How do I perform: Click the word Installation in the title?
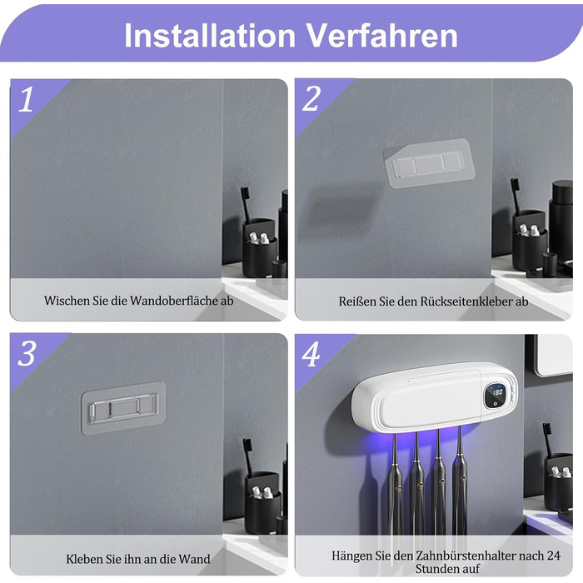tap(210, 35)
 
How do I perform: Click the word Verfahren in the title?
tap(381, 35)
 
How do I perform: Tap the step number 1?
tap(26, 99)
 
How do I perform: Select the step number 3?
tap(27, 353)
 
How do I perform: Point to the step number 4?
tap(311, 354)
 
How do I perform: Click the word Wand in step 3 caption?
tap(194, 559)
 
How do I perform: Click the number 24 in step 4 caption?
tap(554, 556)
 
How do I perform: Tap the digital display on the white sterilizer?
tap(496, 396)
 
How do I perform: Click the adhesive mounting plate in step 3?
tap(124, 407)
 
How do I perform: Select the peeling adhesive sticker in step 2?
tap(429, 163)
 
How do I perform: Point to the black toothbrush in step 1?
tap(247, 205)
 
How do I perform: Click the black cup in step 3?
tap(262, 503)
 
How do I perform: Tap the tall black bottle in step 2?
tap(561, 222)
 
